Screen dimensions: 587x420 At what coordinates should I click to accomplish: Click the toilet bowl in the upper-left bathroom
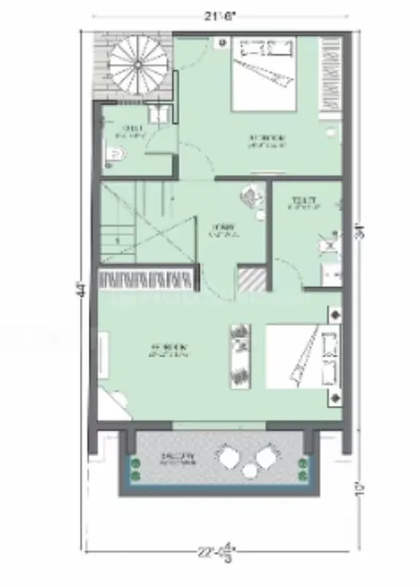[114, 163]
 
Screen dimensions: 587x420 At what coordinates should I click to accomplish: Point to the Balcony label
[177, 459]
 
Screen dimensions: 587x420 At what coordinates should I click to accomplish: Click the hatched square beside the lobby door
[250, 281]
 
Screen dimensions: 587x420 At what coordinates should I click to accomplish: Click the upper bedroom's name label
[265, 141]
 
